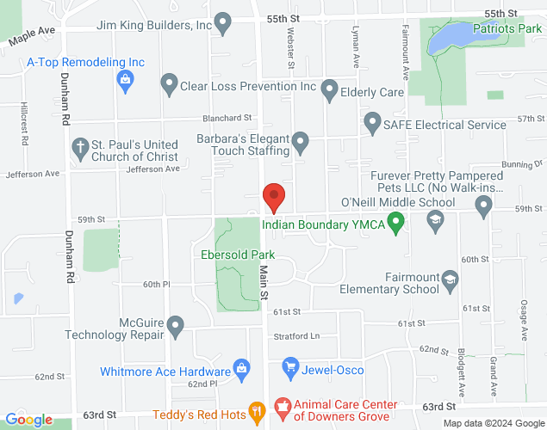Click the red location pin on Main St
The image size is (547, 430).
point(274,197)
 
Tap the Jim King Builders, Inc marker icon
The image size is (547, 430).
point(223,24)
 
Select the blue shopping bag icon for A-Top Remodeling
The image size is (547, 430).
point(126,82)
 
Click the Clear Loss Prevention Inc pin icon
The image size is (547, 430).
point(169,85)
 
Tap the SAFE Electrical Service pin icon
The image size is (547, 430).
point(373,124)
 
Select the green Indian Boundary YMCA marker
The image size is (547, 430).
point(395,226)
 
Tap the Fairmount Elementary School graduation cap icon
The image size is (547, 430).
point(449,280)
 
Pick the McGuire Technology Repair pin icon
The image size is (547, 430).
point(176,327)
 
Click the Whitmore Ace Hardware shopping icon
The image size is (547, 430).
point(242,369)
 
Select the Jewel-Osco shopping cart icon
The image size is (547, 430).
point(290,369)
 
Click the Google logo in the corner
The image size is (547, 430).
point(28,419)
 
